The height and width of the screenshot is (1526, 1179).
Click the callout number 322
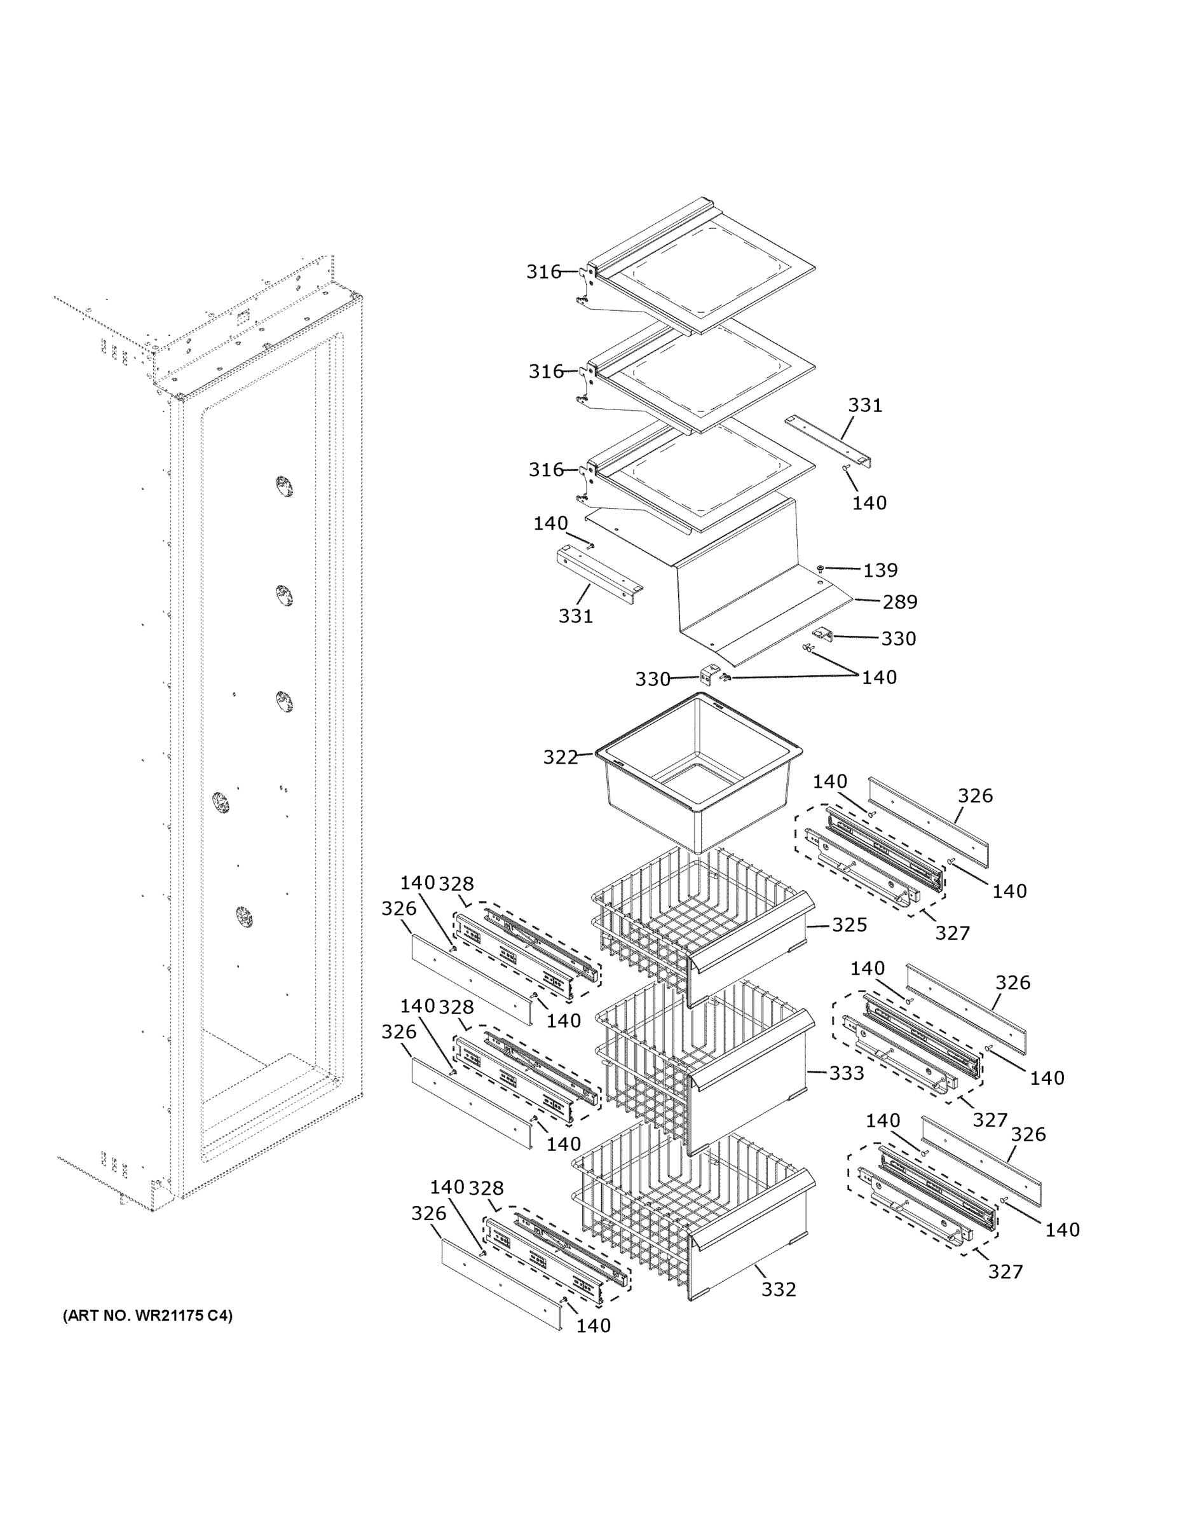click(x=560, y=757)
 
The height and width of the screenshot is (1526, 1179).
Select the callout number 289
click(x=899, y=601)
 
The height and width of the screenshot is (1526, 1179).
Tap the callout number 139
click(x=880, y=570)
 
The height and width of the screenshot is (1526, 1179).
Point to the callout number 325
click(x=849, y=925)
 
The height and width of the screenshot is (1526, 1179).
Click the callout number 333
click(x=847, y=1073)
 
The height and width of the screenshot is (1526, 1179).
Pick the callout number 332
click(x=778, y=1289)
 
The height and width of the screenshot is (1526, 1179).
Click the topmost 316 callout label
click(x=543, y=271)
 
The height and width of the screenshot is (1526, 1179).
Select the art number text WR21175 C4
click(x=147, y=1316)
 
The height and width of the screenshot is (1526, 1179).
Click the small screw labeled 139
click(x=821, y=570)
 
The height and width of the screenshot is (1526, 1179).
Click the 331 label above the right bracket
click(x=864, y=405)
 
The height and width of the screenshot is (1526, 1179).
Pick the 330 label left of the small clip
click(x=652, y=678)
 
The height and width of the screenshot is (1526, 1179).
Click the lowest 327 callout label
click(x=1005, y=1272)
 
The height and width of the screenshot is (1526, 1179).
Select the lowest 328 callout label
click(x=486, y=1188)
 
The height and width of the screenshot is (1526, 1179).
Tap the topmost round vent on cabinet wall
click(x=282, y=486)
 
